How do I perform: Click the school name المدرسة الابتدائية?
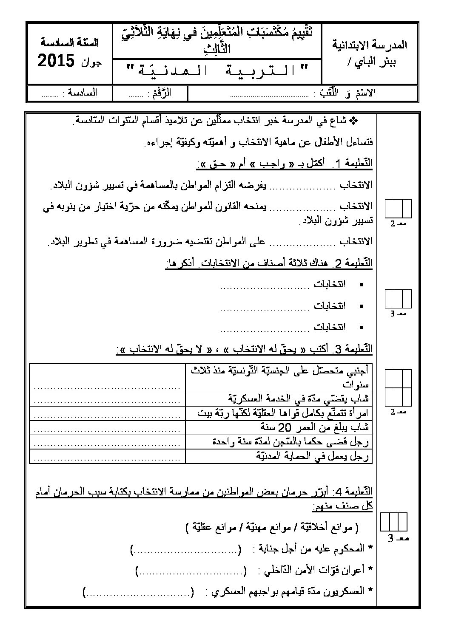click(369, 45)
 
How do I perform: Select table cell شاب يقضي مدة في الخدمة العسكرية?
click(298, 398)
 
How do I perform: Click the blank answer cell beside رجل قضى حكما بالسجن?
click(108, 442)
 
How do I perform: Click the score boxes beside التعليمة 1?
click(399, 209)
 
